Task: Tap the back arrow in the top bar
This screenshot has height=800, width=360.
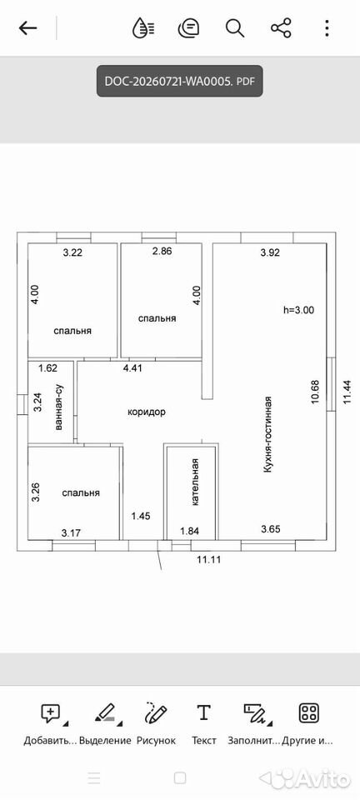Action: point(28,28)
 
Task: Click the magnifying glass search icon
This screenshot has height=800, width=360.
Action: point(235,28)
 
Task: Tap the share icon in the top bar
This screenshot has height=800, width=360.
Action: point(281,28)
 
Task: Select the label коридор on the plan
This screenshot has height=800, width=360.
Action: point(147,412)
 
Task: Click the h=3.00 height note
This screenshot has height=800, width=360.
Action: point(299,309)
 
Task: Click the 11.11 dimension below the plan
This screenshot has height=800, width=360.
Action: point(208,558)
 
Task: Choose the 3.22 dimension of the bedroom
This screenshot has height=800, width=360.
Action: point(72,252)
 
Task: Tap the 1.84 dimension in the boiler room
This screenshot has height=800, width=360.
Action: point(190,531)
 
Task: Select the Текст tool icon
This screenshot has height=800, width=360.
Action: point(203,712)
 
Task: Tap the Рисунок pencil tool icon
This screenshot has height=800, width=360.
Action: point(156,712)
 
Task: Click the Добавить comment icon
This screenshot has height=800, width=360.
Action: point(51,712)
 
